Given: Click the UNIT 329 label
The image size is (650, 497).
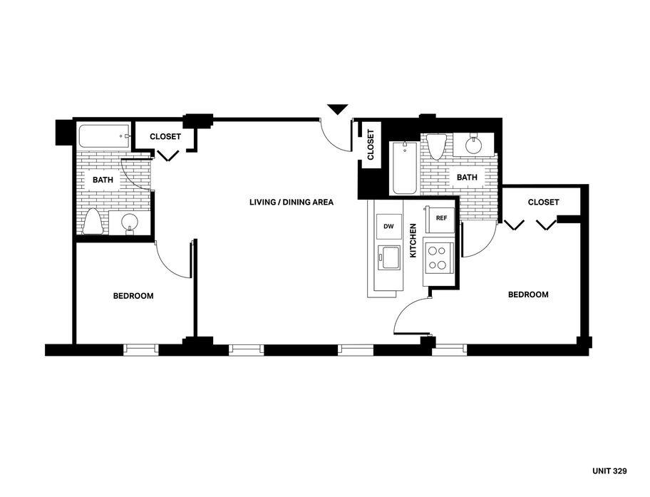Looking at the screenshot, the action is pos(609,471).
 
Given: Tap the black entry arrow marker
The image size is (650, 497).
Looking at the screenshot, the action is pos(338,109).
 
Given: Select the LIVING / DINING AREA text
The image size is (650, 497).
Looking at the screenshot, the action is pos(292,202).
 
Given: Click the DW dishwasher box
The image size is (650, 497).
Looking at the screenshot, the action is pos(388,227).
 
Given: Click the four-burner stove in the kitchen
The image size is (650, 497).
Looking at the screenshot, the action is pos(438,257).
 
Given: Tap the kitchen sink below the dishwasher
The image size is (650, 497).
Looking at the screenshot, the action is pos(389,257).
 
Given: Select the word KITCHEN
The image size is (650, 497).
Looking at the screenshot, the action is pos(413,241).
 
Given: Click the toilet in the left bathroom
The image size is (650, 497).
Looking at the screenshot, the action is pos(93,222).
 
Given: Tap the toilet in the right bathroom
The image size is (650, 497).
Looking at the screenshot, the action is pos(436,147).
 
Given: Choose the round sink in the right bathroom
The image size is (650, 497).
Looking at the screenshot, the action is pos(473,144).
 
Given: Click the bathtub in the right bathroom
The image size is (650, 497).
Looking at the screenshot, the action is pos(404,168).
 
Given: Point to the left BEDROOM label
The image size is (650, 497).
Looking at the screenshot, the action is pos(133,296).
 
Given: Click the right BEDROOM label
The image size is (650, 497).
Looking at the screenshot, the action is pos(528,294).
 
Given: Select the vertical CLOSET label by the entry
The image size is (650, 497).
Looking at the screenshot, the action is pos(371,144).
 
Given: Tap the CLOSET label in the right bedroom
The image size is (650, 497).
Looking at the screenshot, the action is pos(543,202).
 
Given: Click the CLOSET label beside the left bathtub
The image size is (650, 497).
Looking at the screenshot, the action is pos(165,136).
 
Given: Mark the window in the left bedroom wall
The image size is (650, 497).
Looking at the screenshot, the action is pos(141,349).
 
